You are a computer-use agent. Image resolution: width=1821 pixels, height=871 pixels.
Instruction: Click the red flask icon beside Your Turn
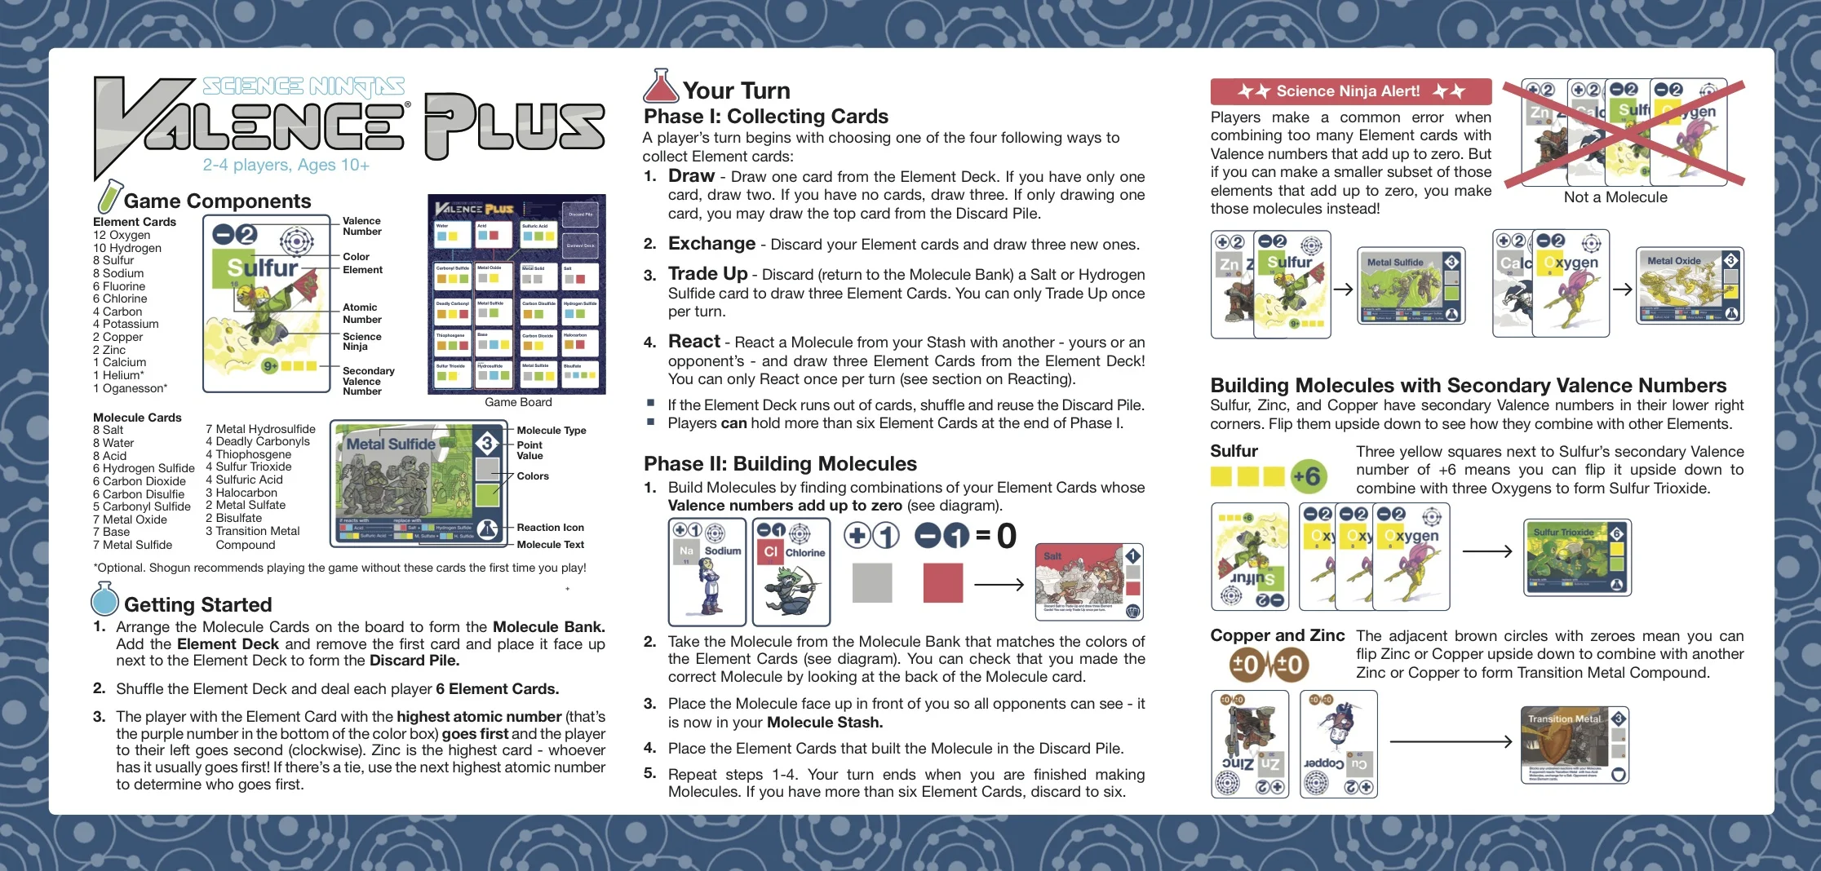click(x=660, y=86)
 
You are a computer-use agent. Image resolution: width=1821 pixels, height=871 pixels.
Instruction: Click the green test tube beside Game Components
click(x=109, y=197)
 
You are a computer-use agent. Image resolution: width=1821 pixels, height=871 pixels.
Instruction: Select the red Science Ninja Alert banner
click(x=1350, y=91)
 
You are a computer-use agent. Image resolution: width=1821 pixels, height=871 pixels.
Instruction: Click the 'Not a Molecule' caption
click(x=1615, y=197)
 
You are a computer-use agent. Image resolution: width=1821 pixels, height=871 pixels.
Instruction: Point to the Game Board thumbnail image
click(x=516, y=294)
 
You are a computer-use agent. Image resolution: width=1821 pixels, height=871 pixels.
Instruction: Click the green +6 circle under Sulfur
click(x=1307, y=476)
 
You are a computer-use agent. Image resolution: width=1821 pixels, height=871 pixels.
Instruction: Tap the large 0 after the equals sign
click(x=1007, y=536)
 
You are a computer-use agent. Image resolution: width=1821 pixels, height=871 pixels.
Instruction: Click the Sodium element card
click(x=707, y=572)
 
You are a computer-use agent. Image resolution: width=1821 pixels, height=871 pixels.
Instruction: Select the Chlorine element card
click(x=791, y=572)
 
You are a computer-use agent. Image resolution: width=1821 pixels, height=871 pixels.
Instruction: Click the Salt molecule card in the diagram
click(x=1088, y=582)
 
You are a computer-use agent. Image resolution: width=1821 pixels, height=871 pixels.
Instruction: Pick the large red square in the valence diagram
click(x=942, y=583)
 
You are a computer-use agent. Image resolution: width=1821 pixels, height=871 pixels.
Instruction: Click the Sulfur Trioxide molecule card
click(x=1577, y=557)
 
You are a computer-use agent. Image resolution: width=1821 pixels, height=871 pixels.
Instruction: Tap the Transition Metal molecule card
click(x=1574, y=745)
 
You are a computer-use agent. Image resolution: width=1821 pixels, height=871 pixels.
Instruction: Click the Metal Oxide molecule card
click(x=1690, y=285)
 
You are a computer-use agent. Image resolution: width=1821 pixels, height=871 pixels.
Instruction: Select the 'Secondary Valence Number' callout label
click(x=368, y=381)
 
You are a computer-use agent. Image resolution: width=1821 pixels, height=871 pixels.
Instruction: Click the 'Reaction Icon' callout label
click(x=550, y=528)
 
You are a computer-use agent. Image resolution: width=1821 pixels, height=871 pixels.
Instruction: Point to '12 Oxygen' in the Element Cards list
click(x=122, y=235)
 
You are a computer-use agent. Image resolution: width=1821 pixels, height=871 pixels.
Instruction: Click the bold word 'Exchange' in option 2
click(x=711, y=244)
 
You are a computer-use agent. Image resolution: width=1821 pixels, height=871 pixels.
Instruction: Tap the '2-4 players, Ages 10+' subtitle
click(x=286, y=166)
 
